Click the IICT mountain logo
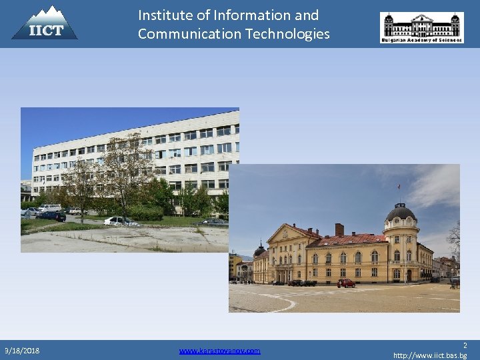click(45, 23)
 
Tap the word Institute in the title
click(164, 15)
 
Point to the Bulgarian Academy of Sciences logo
click(421, 27)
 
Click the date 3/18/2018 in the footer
click(21, 350)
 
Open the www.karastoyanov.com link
click(220, 350)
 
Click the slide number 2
click(465, 345)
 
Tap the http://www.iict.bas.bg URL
click(430, 355)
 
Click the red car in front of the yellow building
click(346, 283)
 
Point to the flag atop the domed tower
click(399, 187)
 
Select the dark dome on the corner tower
click(401, 213)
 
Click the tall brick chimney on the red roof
click(339, 230)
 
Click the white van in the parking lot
click(50, 208)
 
